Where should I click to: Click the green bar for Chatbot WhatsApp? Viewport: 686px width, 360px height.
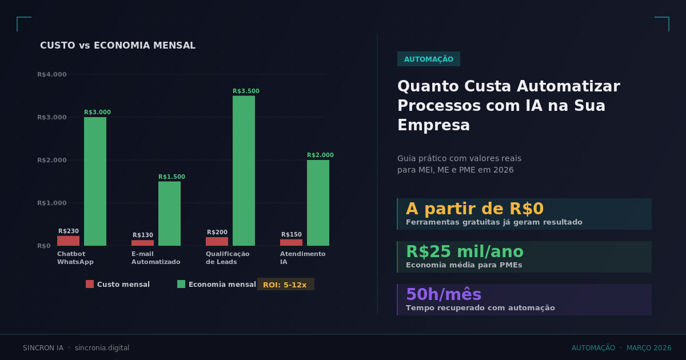click(95, 181)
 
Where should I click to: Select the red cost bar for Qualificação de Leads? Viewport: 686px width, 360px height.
click(217, 241)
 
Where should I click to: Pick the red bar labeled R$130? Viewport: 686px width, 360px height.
click(142, 243)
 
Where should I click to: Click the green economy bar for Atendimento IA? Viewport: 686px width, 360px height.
click(318, 203)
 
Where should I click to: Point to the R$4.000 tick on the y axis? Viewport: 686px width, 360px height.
click(52, 74)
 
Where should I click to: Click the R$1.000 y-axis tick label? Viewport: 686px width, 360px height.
click(52, 203)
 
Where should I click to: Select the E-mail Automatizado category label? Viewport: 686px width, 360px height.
click(155, 258)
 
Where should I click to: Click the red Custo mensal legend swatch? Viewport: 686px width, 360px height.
click(90, 284)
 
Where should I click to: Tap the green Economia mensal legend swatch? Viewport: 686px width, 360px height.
click(181, 284)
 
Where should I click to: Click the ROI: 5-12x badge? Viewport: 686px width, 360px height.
click(285, 285)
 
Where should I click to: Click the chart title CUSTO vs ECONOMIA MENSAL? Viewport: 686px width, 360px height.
click(118, 46)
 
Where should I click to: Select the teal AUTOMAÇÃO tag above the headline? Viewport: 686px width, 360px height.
click(428, 59)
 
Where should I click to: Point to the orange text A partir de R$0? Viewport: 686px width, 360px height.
click(474, 209)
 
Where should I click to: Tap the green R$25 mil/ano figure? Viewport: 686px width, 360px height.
click(464, 251)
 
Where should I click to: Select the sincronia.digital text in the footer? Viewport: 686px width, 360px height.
click(102, 348)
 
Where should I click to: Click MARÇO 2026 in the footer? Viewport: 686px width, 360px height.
click(649, 348)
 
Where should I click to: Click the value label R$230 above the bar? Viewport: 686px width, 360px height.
click(69, 231)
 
